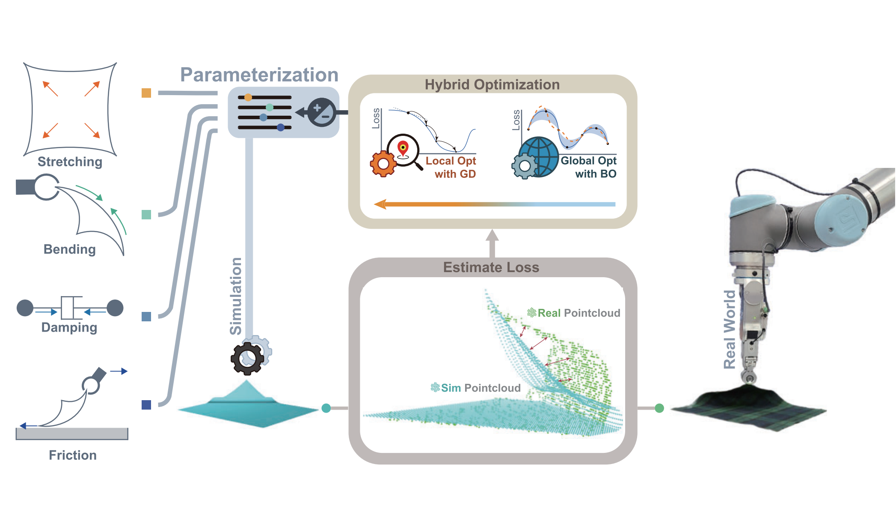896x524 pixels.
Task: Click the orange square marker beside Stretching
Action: coord(146,93)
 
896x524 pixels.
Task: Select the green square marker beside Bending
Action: coord(146,215)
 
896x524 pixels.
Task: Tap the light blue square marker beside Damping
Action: coord(146,317)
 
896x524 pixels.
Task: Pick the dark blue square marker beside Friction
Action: coord(146,405)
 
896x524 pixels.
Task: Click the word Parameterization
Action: coord(259,75)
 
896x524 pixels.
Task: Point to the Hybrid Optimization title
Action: coord(492,85)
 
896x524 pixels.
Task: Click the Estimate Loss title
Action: coord(491,267)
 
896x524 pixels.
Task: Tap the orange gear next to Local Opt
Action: coord(383,164)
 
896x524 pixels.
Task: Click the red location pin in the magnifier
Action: coord(403,148)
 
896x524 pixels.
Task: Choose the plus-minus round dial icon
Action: coord(322,112)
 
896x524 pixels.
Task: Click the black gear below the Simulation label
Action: coord(247,358)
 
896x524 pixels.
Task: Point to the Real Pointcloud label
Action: coord(574,313)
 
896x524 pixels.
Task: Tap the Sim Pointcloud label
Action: coord(476,388)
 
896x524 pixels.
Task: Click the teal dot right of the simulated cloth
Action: coord(326,408)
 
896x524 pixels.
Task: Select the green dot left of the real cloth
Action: coord(659,408)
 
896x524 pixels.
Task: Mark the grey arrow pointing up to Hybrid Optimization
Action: coord(492,242)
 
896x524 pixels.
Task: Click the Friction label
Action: coord(73,455)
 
